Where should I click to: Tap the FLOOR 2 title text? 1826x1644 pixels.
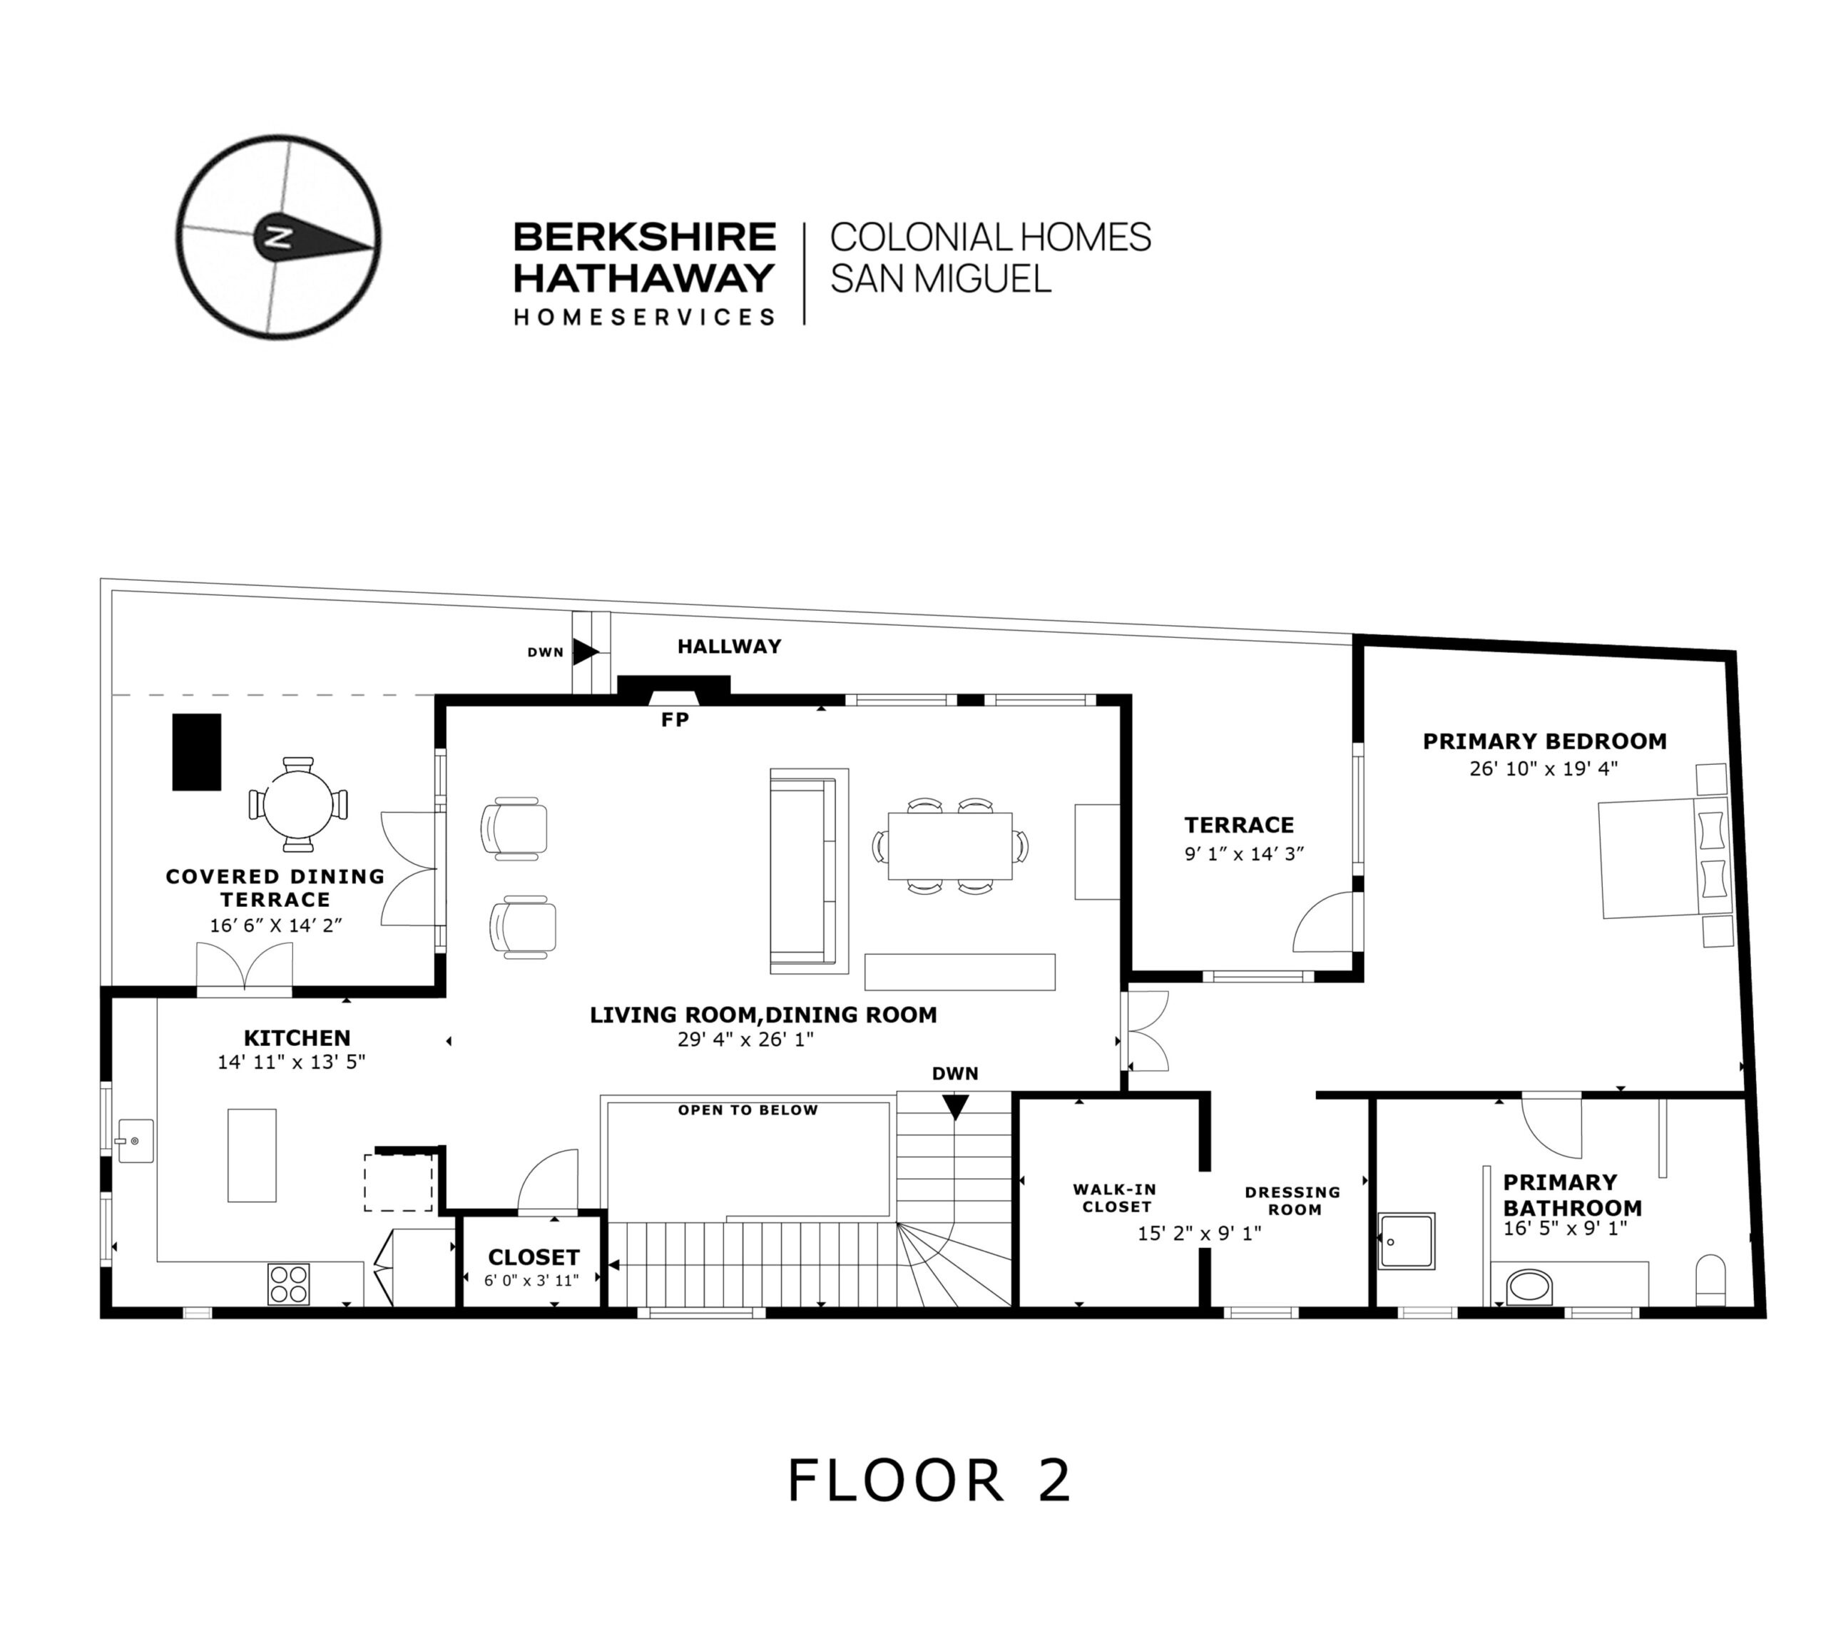[929, 1480]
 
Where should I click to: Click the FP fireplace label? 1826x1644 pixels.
[675, 720]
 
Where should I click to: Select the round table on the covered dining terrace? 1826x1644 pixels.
[297, 804]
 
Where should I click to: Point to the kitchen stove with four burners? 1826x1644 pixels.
[288, 1283]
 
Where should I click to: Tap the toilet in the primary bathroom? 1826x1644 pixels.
[1710, 1281]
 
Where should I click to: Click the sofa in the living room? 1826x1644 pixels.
[809, 871]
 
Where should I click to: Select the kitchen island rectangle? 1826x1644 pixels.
[251, 1155]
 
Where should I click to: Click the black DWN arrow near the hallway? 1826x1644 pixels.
[586, 651]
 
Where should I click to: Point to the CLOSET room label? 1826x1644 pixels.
[533, 1257]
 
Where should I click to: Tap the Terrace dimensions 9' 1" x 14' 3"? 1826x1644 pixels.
[1243, 853]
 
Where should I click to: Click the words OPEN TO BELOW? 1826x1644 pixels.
[748, 1110]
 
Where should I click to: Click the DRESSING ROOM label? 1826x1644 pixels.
[1292, 1200]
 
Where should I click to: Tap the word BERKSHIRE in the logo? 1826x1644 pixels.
[644, 237]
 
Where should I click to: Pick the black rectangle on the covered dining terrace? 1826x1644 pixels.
[197, 753]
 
